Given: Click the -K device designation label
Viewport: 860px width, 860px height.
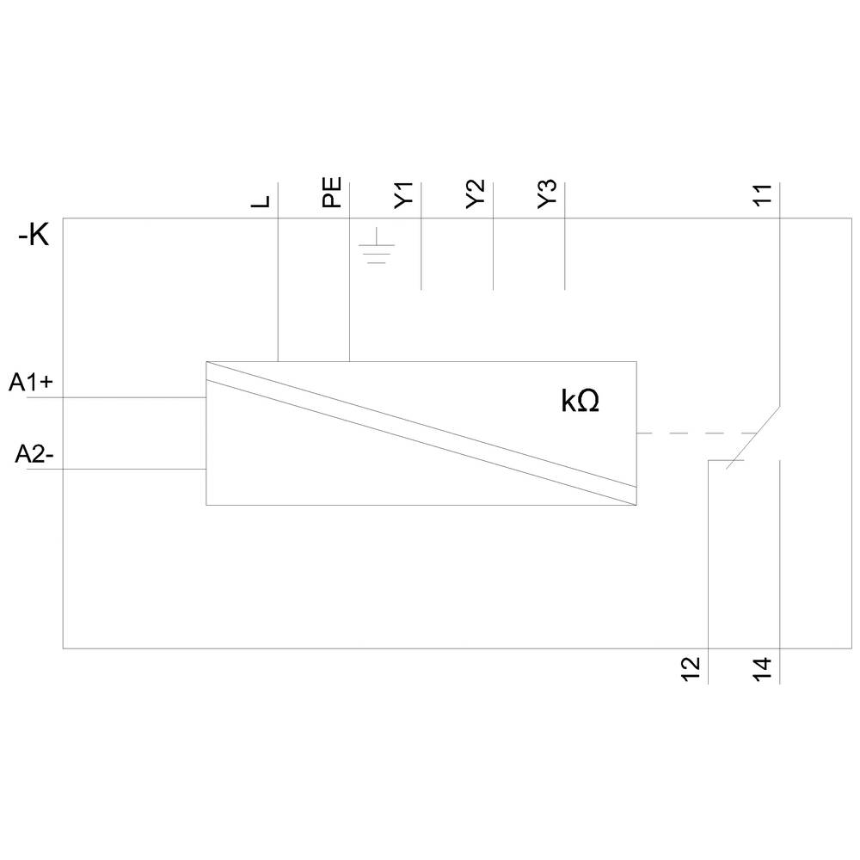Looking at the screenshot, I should pyautogui.click(x=34, y=235).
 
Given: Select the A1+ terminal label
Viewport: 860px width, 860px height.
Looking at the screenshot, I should pyautogui.click(x=32, y=383).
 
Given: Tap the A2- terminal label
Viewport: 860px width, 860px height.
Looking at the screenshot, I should pyautogui.click(x=34, y=455).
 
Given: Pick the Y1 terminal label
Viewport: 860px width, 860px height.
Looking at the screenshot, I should pyautogui.click(x=403, y=194).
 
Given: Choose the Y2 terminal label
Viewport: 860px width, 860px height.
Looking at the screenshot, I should pyautogui.click(x=475, y=194).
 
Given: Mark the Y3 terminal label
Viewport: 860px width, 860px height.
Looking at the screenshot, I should pyautogui.click(x=547, y=194).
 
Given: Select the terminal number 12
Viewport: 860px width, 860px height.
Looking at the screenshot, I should pyautogui.click(x=691, y=669).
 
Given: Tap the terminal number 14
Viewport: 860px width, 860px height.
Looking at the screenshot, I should pyautogui.click(x=762, y=669).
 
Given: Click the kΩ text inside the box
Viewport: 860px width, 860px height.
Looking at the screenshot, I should pyautogui.click(x=580, y=402).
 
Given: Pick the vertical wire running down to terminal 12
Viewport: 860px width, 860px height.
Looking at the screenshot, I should pyautogui.click(x=708, y=559).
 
